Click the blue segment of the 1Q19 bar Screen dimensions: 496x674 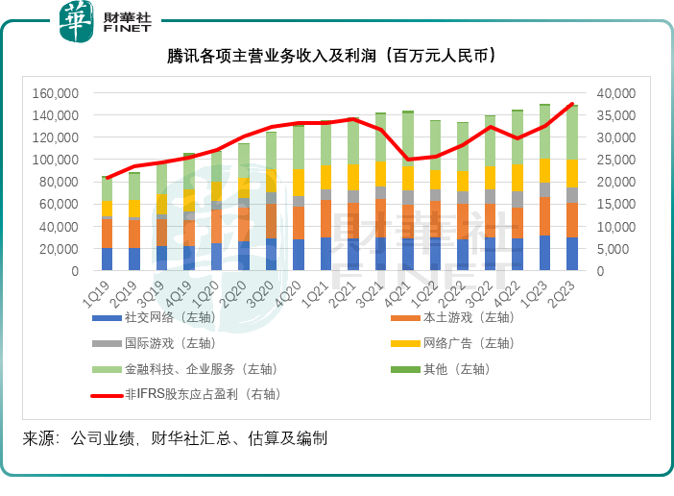click(x=107, y=260)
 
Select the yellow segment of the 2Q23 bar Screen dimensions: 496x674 click(x=572, y=173)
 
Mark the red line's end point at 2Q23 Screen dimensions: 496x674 click(x=572, y=104)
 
